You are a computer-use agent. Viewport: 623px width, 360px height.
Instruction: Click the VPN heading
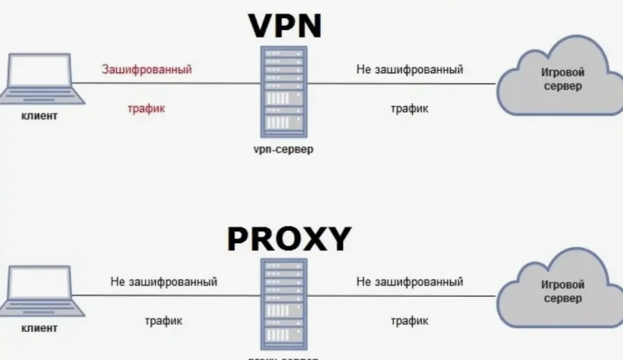pyautogui.click(x=284, y=25)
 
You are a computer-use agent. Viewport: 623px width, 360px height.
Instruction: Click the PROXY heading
pyautogui.click(x=289, y=238)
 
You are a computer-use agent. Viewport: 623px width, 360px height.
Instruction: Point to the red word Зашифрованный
pyautogui.click(x=146, y=70)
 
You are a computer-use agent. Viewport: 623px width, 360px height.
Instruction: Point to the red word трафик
pyautogui.click(x=146, y=109)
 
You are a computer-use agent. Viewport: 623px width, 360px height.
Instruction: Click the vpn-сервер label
pyautogui.click(x=283, y=148)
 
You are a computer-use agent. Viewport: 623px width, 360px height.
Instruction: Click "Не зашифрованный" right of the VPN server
pyautogui.click(x=410, y=70)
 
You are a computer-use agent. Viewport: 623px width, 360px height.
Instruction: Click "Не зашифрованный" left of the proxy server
pyautogui.click(x=164, y=281)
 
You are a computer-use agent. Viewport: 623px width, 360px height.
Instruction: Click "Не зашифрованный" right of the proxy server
pyautogui.click(x=410, y=281)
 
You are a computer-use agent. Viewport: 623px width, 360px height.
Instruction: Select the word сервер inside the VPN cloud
pyautogui.click(x=562, y=87)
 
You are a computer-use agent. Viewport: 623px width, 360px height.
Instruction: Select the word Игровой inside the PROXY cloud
pyautogui.click(x=562, y=284)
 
